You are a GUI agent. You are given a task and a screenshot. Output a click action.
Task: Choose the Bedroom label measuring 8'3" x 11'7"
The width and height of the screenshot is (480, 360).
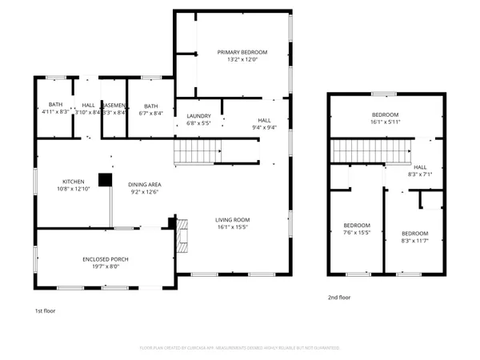click(414, 236)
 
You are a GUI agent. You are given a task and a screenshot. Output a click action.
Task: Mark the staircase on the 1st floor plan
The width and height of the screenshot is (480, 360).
click(198, 150)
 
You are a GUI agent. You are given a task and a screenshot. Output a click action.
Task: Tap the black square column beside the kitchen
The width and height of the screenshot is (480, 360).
click(104, 180)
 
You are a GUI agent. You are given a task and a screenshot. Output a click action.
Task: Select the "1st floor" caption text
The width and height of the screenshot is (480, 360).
click(45, 310)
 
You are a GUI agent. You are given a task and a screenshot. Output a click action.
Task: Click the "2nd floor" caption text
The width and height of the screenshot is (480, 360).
click(339, 298)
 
